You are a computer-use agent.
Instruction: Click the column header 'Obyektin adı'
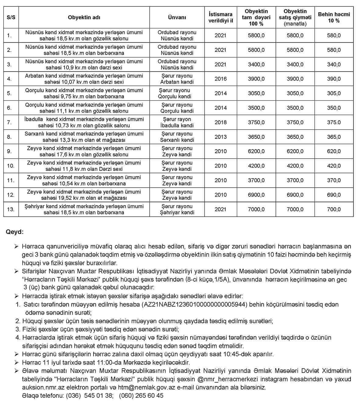click(84, 17)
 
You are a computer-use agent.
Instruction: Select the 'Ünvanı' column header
click(177, 17)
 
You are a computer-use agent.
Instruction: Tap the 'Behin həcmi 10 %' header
click(334, 17)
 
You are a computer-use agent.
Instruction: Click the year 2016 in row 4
click(220, 79)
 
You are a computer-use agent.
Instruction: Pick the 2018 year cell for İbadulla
click(220, 122)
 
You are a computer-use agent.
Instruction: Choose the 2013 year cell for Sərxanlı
click(220, 137)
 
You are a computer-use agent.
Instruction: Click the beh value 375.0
click(334, 122)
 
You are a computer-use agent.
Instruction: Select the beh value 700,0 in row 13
click(334, 209)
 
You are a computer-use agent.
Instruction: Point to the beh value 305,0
click(334, 93)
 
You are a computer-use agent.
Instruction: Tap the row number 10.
click(11, 166)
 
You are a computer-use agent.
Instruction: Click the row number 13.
click(11, 209)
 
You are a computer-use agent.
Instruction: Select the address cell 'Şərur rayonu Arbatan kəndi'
click(177, 79)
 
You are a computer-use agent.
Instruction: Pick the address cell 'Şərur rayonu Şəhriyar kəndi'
click(177, 209)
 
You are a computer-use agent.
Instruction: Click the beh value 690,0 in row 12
click(334, 195)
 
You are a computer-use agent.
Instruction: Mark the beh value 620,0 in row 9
click(334, 151)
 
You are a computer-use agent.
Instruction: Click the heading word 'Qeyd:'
click(15, 232)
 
